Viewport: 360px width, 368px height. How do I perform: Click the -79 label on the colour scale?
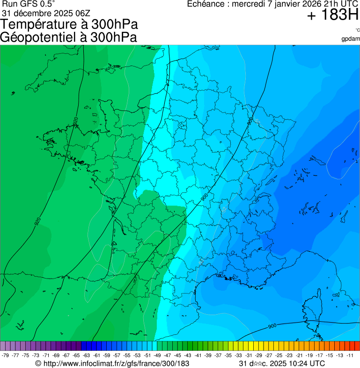click(6, 355)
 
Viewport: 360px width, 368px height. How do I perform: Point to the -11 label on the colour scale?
click(351, 355)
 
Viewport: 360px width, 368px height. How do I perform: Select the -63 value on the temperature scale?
click(88, 355)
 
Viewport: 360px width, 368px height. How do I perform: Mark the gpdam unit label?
click(351, 38)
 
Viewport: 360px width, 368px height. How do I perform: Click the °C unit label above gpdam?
click(357, 30)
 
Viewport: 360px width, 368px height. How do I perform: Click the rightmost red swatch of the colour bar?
click(356, 346)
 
